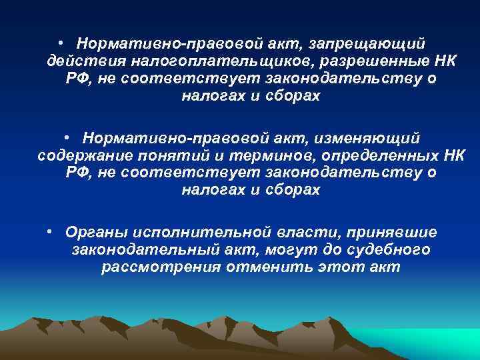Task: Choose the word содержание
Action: click(x=81, y=155)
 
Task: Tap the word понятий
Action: click(x=170, y=155)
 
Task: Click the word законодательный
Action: click(x=149, y=250)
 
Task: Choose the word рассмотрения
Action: click(x=164, y=268)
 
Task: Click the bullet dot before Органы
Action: click(x=51, y=231)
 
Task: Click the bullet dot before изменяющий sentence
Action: click(x=67, y=137)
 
